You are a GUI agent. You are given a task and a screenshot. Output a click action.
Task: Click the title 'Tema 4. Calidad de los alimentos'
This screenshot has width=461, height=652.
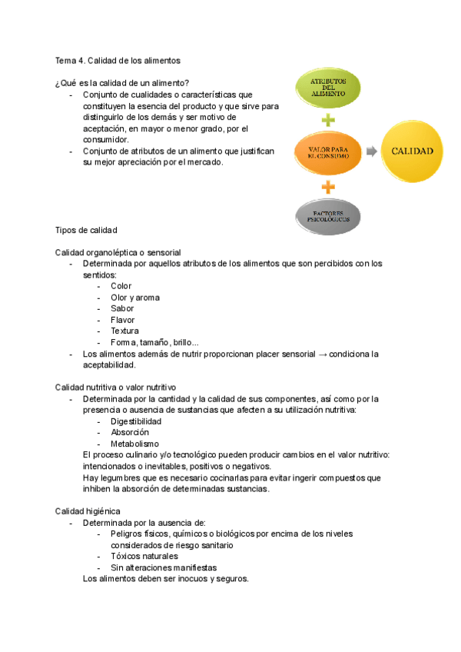(x=118, y=60)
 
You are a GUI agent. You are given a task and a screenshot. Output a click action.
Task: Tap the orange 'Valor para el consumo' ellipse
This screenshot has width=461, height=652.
(x=328, y=151)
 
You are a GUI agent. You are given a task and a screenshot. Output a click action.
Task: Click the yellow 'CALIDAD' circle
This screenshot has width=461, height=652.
(x=412, y=151)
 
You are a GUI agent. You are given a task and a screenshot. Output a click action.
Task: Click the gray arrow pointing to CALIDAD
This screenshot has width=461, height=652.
(x=371, y=151)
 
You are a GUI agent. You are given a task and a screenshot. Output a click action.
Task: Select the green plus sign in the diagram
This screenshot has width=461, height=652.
(x=328, y=120)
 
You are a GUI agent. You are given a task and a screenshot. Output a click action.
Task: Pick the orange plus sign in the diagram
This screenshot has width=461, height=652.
(x=328, y=185)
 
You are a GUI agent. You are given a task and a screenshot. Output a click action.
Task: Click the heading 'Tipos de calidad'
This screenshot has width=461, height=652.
(x=86, y=230)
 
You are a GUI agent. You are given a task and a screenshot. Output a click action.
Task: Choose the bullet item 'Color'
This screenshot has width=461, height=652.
(x=121, y=286)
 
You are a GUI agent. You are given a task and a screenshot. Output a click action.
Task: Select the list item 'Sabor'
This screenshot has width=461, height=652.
(x=122, y=308)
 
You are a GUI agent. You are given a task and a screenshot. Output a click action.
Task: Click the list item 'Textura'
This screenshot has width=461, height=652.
(x=125, y=331)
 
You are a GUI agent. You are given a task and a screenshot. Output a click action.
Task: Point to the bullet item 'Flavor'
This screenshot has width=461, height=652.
(x=123, y=320)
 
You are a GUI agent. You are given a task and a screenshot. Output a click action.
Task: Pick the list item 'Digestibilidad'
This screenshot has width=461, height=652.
(x=136, y=421)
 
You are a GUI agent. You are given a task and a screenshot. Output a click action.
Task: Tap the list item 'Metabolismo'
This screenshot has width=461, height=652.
(x=134, y=444)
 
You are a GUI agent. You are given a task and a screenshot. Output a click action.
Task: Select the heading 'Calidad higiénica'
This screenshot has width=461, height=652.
(x=87, y=511)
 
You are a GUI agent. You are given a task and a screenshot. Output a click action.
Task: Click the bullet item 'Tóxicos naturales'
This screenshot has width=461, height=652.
(x=144, y=556)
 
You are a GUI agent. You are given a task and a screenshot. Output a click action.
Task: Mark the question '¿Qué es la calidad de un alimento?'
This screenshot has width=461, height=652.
(x=122, y=83)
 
